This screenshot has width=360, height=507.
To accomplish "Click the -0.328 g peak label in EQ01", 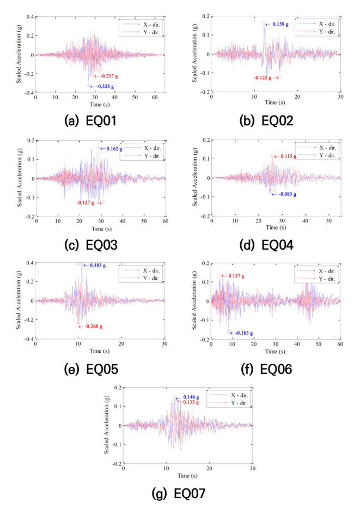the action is tap(105, 87).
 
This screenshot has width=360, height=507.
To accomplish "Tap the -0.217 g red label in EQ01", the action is tap(109, 76).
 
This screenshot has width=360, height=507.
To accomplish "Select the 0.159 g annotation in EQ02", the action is tap(280, 24).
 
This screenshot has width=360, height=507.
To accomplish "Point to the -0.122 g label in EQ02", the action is tap(263, 77).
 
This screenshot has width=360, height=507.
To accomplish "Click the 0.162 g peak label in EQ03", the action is tap(114, 149).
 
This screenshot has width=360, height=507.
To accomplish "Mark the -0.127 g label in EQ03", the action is tap(86, 203).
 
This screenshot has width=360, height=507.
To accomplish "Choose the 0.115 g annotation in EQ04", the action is tap(288, 156).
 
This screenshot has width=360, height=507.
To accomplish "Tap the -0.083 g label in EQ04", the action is tap(288, 194).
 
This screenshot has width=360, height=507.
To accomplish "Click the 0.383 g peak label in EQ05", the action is tap(97, 265).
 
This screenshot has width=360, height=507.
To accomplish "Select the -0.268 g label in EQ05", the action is tap(93, 327).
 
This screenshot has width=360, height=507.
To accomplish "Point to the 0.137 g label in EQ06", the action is tap(236, 276).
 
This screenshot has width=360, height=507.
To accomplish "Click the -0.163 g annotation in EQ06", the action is tap(244, 333).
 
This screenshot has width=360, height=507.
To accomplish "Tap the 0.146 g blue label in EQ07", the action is tap(191, 397).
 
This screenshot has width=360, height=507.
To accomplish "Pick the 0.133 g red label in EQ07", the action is tap(191, 402).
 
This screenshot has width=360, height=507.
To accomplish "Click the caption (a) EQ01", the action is tap(90, 121).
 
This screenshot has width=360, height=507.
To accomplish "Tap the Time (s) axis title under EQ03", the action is tap(101, 229).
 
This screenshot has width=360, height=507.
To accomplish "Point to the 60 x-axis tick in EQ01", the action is tap(155, 97).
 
